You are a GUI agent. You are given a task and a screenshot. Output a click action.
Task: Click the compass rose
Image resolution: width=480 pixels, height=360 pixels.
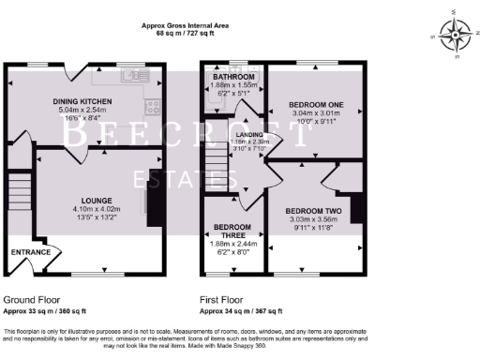point(457,38)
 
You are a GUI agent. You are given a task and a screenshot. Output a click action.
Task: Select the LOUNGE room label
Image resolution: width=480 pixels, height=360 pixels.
point(97,200)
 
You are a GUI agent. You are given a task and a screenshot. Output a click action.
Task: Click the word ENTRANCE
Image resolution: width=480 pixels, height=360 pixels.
point(30,253)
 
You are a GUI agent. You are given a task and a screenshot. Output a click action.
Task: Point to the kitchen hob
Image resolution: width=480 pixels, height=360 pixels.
point(155,106)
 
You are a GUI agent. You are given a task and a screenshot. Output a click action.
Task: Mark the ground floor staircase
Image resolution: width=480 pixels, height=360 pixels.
point(16,193)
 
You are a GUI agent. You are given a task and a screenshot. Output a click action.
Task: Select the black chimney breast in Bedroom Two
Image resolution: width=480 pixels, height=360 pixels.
point(357,208)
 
